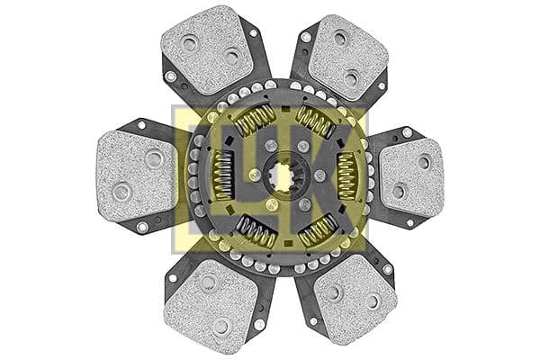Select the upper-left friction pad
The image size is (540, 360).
[207, 49]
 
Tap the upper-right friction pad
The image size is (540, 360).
[347, 57]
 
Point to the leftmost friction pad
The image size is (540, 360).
[137, 176]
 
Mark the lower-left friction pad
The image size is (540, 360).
[211, 306]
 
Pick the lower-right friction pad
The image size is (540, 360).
[355, 299]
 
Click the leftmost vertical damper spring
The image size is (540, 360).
[223, 176]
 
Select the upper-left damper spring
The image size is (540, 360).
[255, 119]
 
